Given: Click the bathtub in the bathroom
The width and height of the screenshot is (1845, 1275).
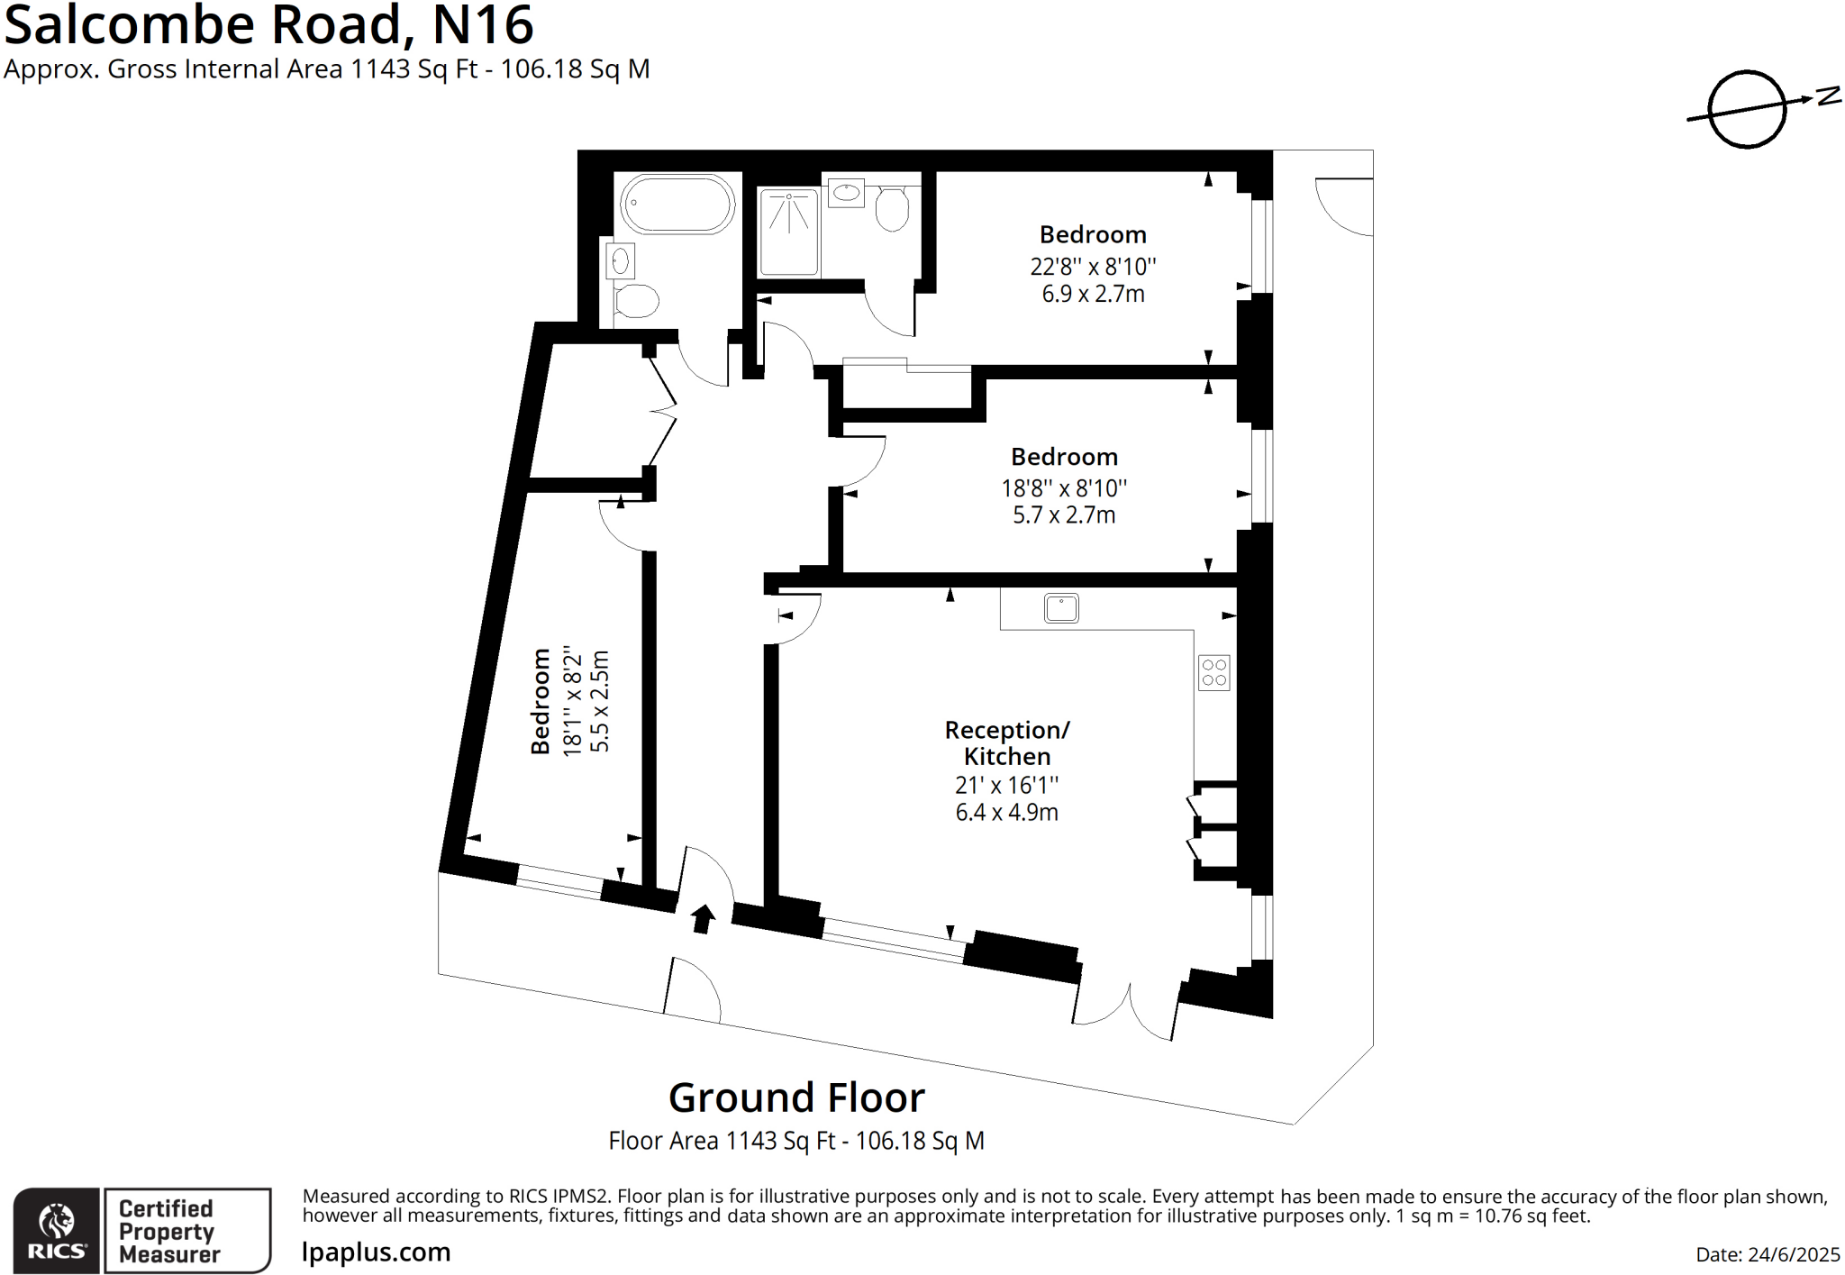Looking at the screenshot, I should point(677,204).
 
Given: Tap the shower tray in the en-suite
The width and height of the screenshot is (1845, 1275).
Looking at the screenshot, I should point(788,231).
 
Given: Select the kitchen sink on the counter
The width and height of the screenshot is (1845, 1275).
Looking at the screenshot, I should point(1061,608).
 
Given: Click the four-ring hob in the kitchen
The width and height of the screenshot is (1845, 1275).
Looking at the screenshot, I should point(1213,672).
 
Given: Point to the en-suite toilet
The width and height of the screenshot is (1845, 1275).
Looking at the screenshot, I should point(892,209).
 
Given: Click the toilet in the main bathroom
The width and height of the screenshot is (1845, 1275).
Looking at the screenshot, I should point(636,300).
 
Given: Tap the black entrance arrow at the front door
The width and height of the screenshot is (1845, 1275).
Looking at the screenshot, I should point(703,918).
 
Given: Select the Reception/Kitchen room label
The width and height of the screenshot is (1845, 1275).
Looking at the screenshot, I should point(1007,742).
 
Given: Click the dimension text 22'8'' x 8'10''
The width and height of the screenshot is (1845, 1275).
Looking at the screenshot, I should point(1093,267).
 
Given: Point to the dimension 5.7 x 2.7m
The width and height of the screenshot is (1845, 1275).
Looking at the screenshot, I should point(1064,515).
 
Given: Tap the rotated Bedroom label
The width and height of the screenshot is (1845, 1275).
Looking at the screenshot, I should point(541,701).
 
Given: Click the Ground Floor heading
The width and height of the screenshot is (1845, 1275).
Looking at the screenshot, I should point(796,1097).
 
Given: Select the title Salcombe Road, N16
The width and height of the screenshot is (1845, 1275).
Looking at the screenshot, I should point(268,25).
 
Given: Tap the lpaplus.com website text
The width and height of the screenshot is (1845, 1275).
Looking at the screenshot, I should point(377,1252).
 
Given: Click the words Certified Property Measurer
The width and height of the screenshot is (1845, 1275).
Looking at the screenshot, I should point(168,1231).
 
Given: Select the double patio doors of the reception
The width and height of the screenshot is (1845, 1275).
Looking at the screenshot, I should point(1126,1005).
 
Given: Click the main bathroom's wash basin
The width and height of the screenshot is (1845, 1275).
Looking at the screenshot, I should point(620,261).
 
